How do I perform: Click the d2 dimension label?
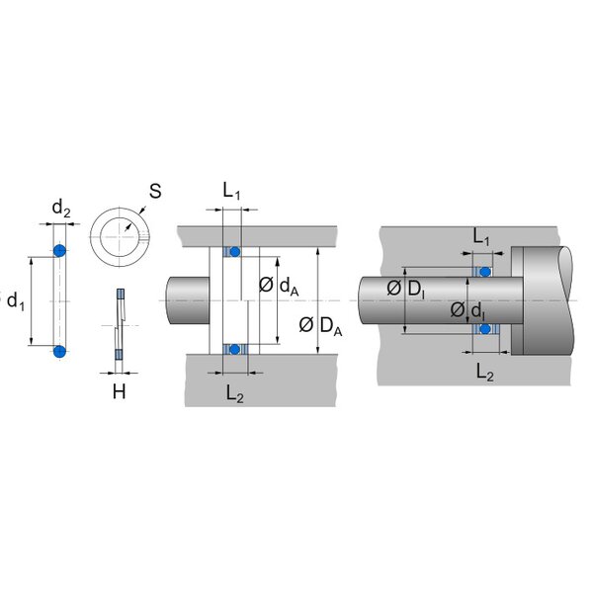(61, 209)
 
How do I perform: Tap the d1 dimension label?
(19, 299)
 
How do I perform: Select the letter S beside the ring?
(155, 191)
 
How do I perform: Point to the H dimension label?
(119, 391)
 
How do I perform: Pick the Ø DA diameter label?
(320, 326)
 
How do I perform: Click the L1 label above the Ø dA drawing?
(231, 192)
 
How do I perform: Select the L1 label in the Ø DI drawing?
(481, 237)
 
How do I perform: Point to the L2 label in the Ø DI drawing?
(485, 373)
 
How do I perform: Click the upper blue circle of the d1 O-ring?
(59, 250)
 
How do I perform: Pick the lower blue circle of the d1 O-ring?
(59, 351)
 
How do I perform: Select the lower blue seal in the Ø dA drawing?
(235, 348)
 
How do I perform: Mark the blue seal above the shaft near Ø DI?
(484, 270)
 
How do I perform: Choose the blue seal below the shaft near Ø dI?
(484, 329)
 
